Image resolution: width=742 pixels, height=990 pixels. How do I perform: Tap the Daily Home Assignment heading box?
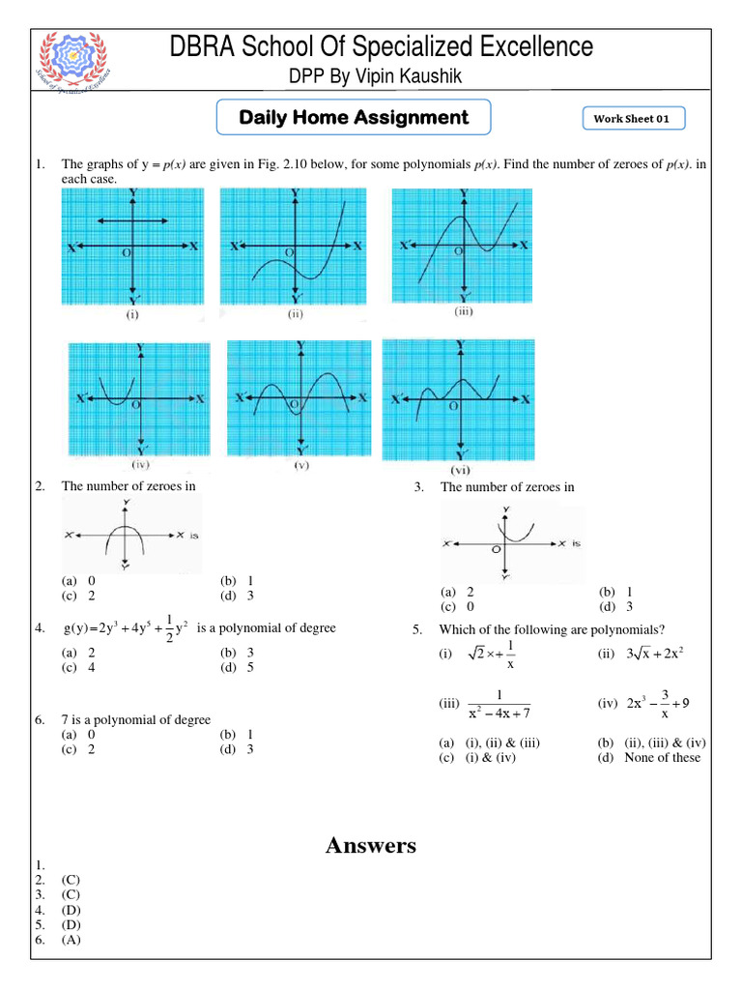click(x=354, y=118)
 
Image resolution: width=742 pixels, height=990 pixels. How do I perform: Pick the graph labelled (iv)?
click(x=141, y=397)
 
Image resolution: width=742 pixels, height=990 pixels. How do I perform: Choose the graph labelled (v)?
click(x=300, y=398)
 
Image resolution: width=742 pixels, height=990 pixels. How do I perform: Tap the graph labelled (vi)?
click(x=459, y=397)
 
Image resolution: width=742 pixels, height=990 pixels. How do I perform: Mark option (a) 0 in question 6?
click(x=78, y=735)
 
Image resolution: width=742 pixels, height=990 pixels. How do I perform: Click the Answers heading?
click(x=371, y=846)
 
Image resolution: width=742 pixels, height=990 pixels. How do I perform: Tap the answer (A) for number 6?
click(x=71, y=940)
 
